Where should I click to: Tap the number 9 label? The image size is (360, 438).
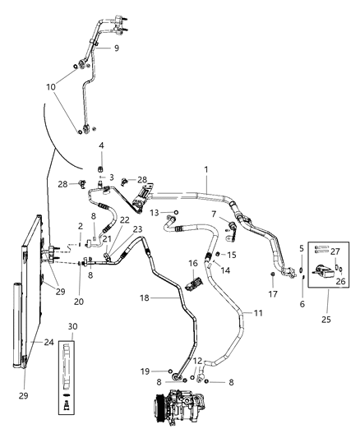pos(116,48)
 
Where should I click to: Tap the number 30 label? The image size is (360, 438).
pos(73,327)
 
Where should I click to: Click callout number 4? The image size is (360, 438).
pos(101,145)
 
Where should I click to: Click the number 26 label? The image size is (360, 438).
pos(340,281)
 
